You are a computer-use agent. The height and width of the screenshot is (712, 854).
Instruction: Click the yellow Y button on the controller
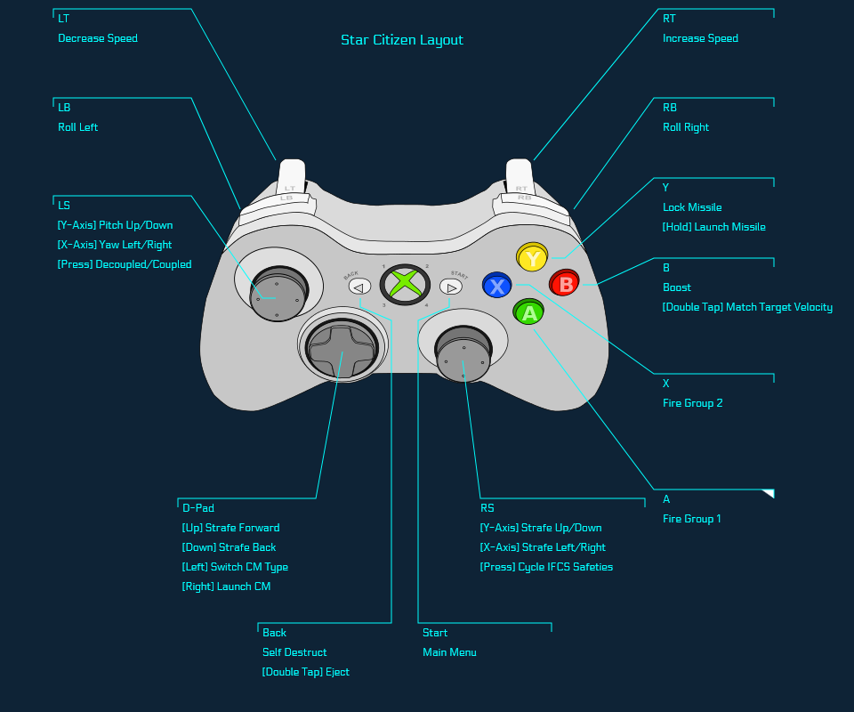[532, 258]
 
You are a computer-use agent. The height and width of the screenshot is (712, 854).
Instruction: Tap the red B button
[564, 284]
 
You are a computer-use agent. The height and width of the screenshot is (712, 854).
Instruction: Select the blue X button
[497, 286]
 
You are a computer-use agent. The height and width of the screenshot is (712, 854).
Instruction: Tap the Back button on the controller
[359, 287]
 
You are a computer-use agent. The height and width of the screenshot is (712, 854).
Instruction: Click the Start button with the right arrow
[451, 287]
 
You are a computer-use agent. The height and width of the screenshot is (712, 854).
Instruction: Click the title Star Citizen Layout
[402, 40]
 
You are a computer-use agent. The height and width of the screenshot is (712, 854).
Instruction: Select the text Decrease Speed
[98, 38]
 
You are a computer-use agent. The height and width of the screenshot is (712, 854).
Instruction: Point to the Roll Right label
[686, 127]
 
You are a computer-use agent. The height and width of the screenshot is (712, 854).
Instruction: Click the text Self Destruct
[294, 652]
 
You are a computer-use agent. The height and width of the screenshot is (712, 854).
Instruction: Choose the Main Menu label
[449, 652]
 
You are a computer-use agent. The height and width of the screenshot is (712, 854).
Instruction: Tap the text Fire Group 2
[692, 403]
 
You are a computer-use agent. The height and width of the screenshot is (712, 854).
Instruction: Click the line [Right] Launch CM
[226, 587]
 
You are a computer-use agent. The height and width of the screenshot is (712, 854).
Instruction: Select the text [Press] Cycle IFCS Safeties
[546, 567]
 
